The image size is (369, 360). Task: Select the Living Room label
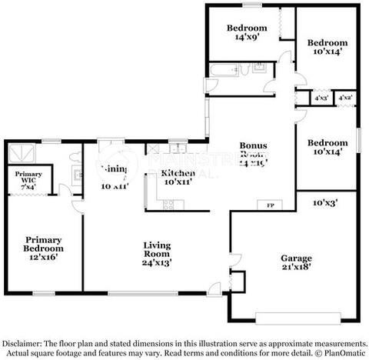[x=156, y=249]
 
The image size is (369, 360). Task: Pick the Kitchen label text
[x=177, y=172]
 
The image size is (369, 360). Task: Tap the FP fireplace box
[x=270, y=205]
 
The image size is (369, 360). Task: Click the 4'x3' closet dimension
[x=321, y=98]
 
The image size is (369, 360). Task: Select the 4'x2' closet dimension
[x=345, y=98]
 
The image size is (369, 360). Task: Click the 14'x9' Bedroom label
[x=246, y=33]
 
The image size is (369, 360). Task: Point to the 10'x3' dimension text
[x=325, y=203]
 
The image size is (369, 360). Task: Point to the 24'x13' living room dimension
[x=156, y=262]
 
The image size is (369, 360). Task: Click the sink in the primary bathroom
[x=77, y=172]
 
